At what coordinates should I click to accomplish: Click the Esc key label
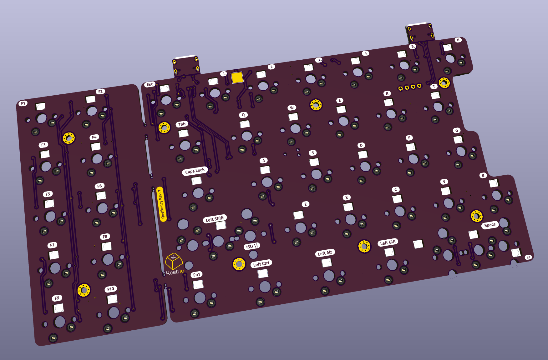coord(150,84)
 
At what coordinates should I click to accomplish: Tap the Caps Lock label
coord(195,171)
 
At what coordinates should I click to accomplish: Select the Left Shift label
coord(215,219)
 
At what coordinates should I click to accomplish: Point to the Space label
coord(490,225)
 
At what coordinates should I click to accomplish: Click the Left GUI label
coord(388,242)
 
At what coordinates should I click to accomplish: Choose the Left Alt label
coord(325,253)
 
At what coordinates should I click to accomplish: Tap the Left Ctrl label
coord(261,264)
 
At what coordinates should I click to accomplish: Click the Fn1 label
coord(196,275)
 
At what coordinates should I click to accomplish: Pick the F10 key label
coord(111,289)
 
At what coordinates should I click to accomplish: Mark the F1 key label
coord(23,103)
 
